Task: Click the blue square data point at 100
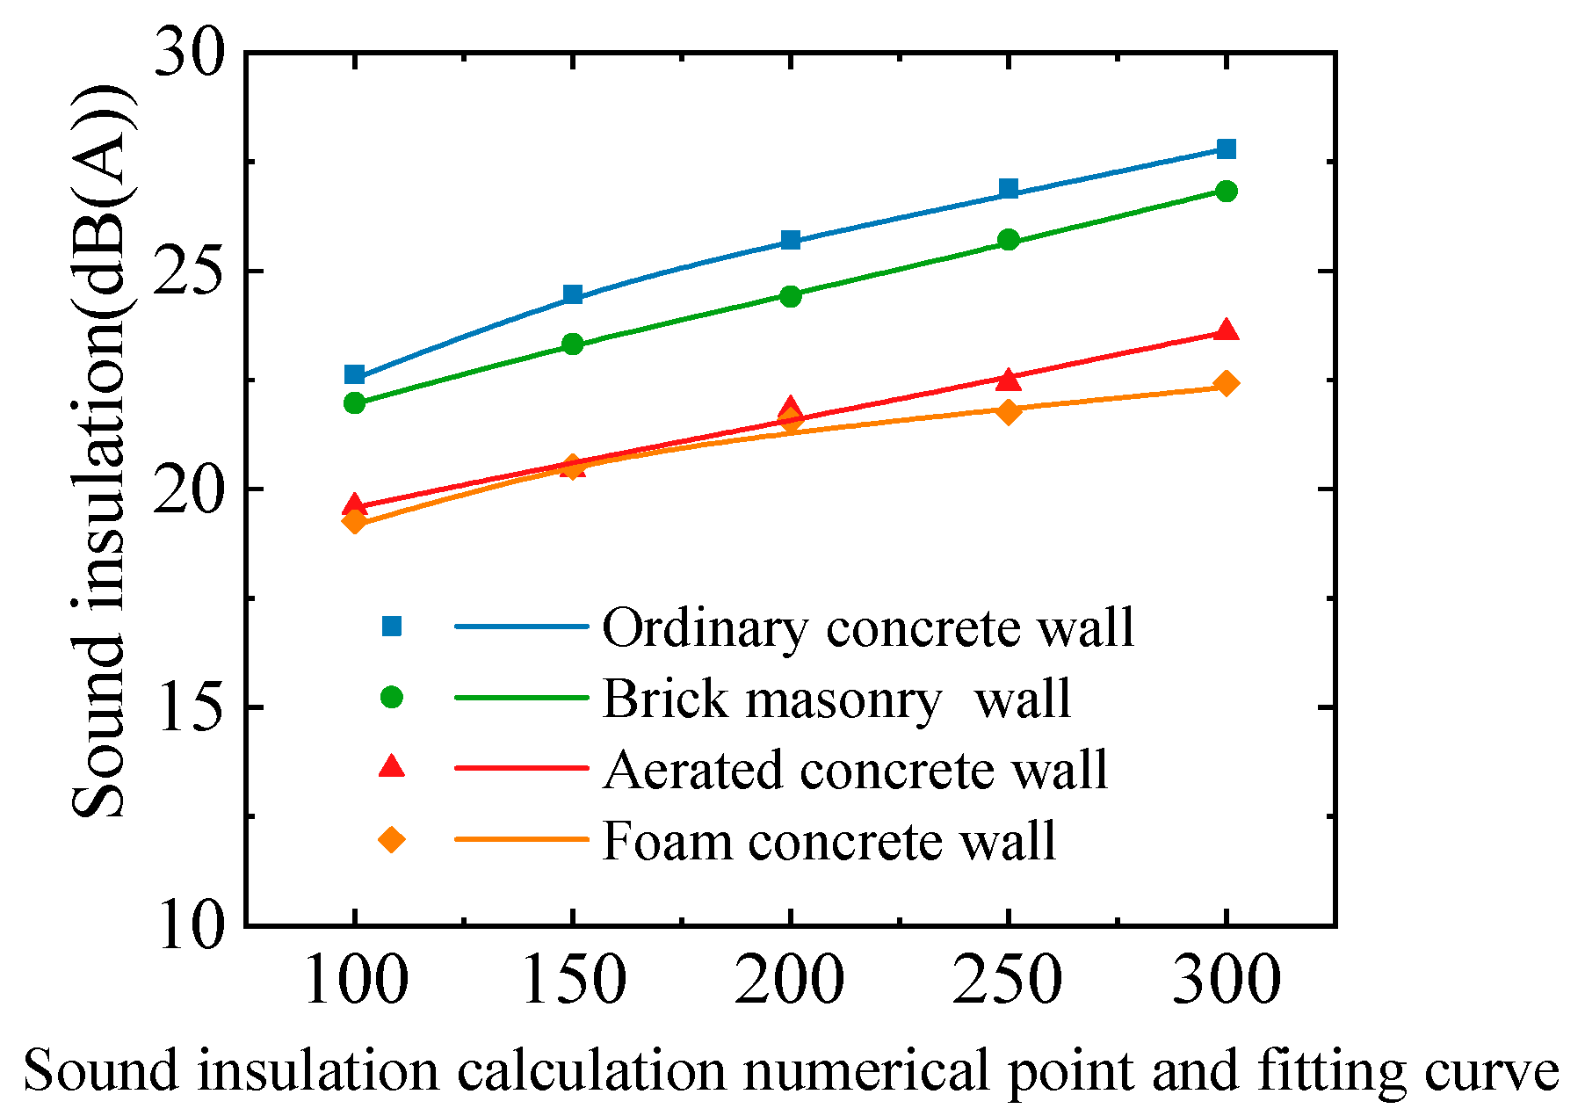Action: point(354,375)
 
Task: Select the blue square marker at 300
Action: point(1227,149)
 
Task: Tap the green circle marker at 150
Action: point(573,344)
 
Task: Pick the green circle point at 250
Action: point(1009,240)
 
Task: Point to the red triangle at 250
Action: point(1009,380)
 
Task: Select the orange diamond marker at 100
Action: point(354,521)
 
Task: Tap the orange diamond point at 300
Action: point(1227,383)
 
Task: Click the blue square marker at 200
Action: point(791,240)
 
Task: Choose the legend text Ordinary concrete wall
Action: point(868,628)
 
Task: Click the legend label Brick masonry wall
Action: point(836,699)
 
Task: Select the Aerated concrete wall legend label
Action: point(855,771)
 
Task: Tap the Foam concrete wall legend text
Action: point(829,841)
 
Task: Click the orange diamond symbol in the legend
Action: point(391,840)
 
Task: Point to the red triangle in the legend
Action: point(391,767)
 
